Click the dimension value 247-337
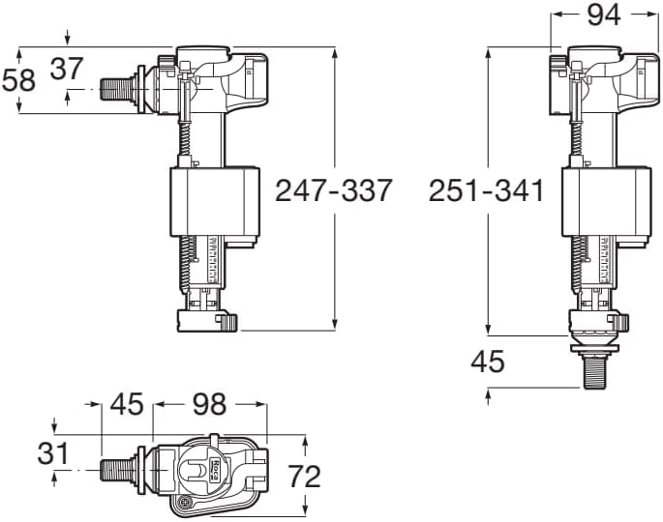click(x=334, y=191)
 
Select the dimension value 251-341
click(x=486, y=191)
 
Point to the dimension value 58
click(x=18, y=79)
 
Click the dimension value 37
click(x=66, y=69)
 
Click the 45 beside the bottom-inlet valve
click(x=488, y=362)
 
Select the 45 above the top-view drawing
click(x=126, y=404)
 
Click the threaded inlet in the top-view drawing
click(x=118, y=471)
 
